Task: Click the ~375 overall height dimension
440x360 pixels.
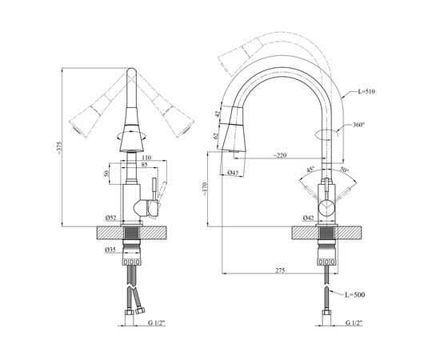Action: pos(58,147)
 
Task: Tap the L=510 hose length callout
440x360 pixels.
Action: pos(366,91)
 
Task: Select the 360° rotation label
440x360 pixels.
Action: pos(358,124)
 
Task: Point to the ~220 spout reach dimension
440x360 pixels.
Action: pos(280,155)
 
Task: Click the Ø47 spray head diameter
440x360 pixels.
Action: pos(233,172)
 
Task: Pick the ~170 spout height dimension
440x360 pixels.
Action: pos(204,189)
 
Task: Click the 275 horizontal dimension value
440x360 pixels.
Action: pos(280,270)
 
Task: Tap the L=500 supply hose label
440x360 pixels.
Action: pos(355,294)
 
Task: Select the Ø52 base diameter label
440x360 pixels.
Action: pos(111,218)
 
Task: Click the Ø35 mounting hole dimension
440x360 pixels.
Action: pos(110,250)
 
